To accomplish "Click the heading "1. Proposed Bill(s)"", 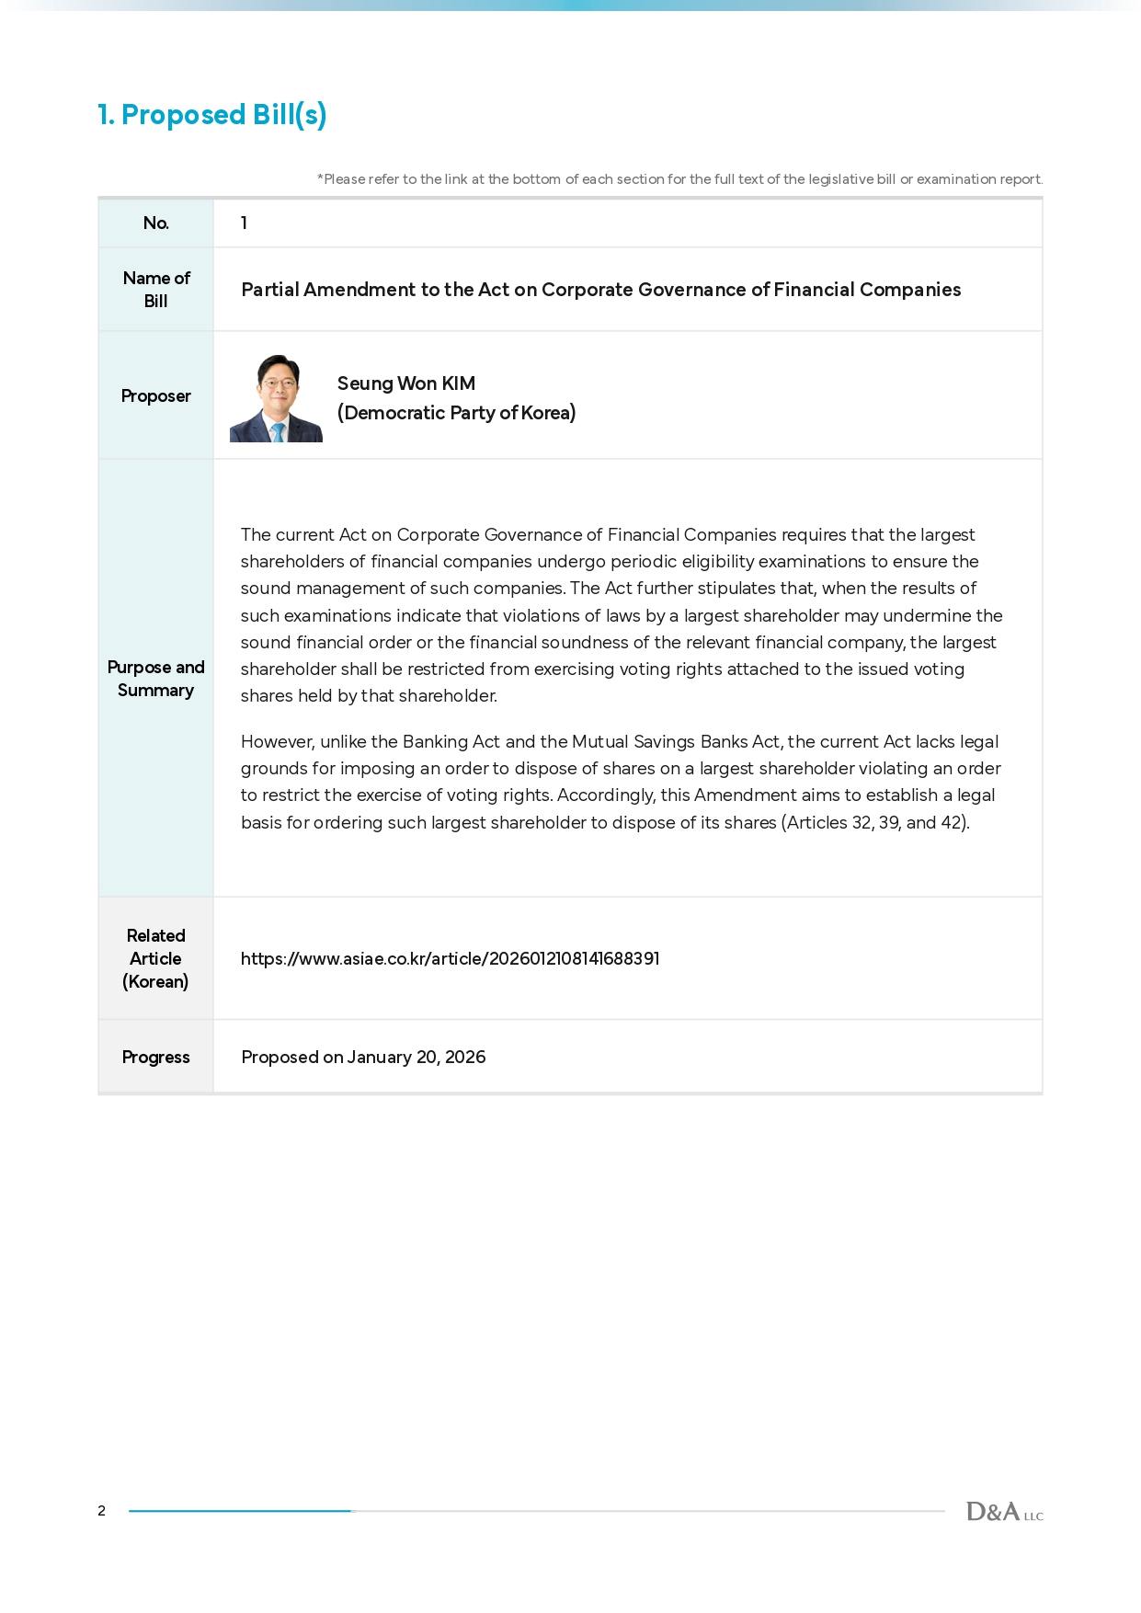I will (212, 115).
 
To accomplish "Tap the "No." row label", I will (155, 223).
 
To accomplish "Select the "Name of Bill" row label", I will (155, 290).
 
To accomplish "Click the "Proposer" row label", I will (155, 396).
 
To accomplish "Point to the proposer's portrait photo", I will (276, 397).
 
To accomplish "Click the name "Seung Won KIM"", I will (405, 383).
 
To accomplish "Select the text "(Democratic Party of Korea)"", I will (456, 413).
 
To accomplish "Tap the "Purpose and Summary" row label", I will (155, 679).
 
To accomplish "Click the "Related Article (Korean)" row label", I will (155, 958).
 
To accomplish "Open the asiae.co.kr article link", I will (450, 958).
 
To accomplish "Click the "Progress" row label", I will (155, 1058).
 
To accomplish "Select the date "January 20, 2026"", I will (416, 1058).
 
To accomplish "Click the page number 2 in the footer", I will (101, 1511).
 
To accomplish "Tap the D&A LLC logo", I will (1004, 1512).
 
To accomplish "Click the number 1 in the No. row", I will (244, 223).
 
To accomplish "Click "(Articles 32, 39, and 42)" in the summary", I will (874, 823).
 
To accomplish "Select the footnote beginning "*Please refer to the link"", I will (679, 179).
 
